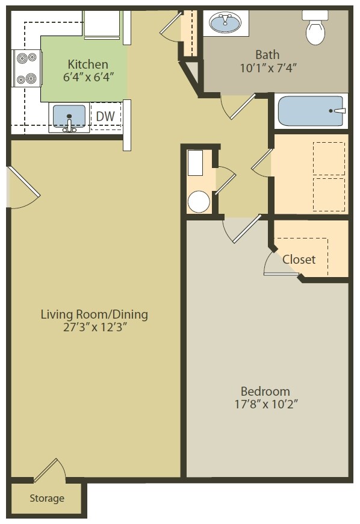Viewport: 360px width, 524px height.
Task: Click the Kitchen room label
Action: [88, 64]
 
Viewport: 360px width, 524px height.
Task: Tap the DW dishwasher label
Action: [105, 115]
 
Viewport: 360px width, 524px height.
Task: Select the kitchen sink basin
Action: [69, 116]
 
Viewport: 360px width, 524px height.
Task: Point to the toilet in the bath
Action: [315, 28]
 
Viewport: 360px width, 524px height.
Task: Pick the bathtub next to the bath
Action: [311, 111]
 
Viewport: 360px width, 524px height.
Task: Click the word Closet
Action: [299, 260]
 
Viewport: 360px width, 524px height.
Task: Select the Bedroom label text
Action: [265, 391]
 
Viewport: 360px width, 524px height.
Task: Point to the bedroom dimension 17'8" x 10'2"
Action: [265, 404]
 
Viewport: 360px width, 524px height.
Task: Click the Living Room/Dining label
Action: [94, 314]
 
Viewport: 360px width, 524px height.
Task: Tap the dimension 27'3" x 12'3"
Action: [94, 328]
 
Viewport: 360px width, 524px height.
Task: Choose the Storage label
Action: [47, 499]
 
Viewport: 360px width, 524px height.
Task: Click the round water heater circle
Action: [198, 202]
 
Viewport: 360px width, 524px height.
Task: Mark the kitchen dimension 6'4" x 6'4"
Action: [88, 77]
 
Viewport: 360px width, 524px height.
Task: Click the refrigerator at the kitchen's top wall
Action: [104, 23]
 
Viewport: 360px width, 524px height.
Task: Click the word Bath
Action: [267, 54]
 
